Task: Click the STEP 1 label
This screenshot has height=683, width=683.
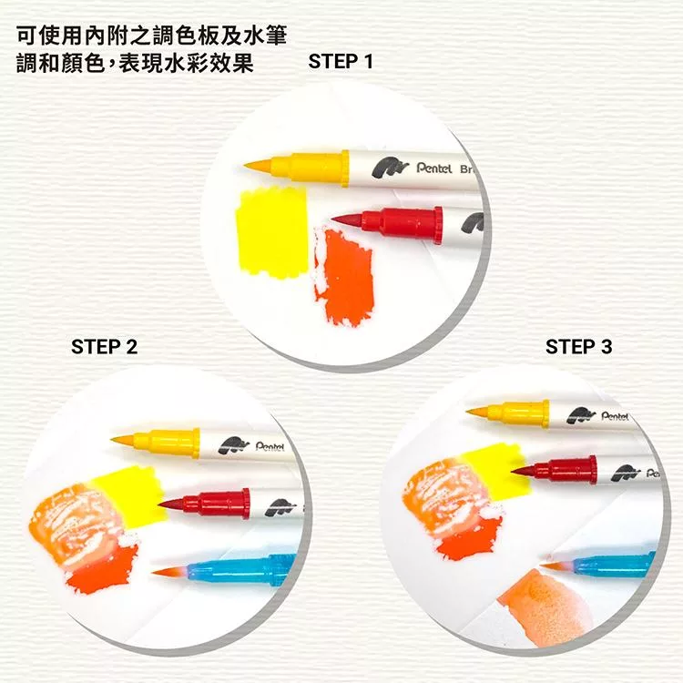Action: pyautogui.click(x=341, y=61)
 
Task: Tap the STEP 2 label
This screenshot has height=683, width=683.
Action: pyautogui.click(x=104, y=347)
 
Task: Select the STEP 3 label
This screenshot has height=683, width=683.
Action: pyautogui.click(x=578, y=347)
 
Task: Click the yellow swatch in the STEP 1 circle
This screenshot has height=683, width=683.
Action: pyautogui.click(x=272, y=231)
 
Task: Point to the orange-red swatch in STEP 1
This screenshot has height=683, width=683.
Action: pyautogui.click(x=344, y=277)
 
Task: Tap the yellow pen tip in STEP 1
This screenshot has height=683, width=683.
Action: pyautogui.click(x=257, y=166)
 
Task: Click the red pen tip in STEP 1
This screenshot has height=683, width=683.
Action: pyautogui.click(x=346, y=220)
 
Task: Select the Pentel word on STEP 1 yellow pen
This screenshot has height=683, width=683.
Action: pyautogui.click(x=434, y=168)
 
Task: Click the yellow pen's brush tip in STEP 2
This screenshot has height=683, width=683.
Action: pyautogui.click(x=122, y=441)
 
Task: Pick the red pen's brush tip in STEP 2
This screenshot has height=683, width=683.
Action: pyautogui.click(x=171, y=505)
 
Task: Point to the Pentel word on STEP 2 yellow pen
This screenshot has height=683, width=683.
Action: pyautogui.click(x=270, y=447)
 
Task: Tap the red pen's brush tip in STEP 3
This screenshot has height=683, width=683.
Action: pyautogui.click(x=525, y=471)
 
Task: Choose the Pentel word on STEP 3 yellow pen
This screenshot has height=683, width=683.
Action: pyautogui.click(x=615, y=416)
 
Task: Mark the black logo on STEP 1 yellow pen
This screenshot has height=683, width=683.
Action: pyautogui.click(x=391, y=168)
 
